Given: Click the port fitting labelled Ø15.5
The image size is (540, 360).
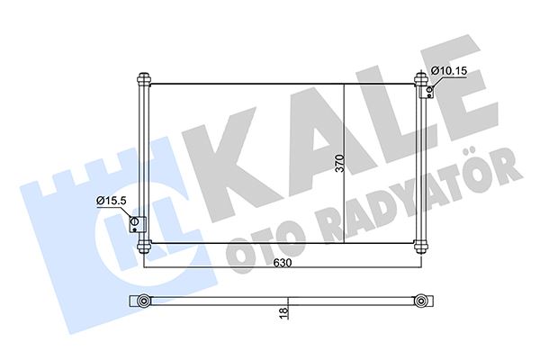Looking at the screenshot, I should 136,224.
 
